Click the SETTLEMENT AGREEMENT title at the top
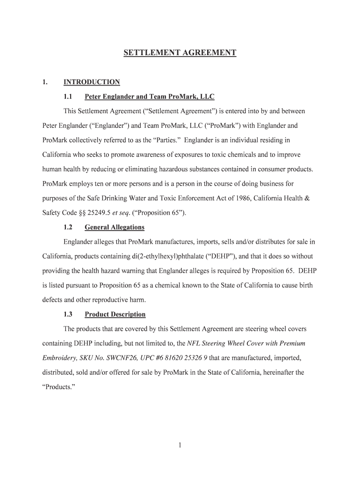[x=180, y=53]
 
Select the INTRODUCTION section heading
[x=92, y=82]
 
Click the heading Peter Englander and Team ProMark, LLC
[x=149, y=97]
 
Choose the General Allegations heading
[x=115, y=227]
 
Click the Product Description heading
[x=115, y=314]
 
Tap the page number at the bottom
[x=180, y=445]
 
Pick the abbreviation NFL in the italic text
[x=194, y=343]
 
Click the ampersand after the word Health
[x=307, y=198]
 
